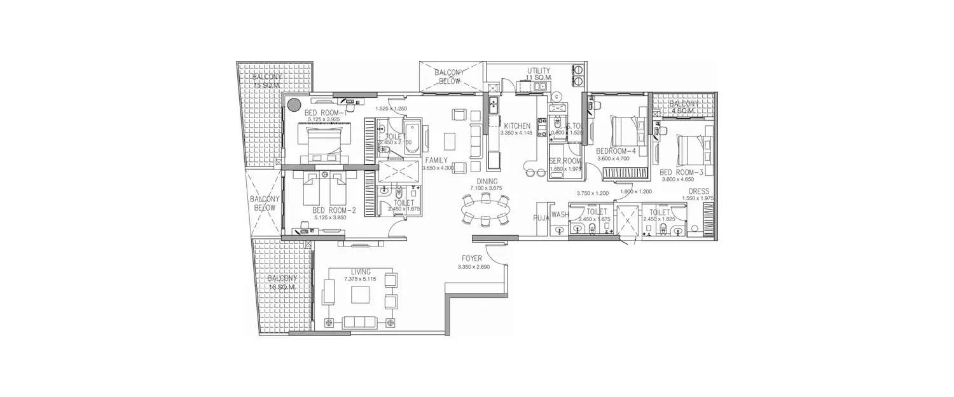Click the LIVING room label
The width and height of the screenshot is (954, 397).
point(361,271)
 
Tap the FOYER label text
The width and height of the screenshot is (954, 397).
point(472,259)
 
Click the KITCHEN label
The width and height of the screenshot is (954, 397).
point(517,126)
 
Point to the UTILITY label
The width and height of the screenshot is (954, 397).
point(538,71)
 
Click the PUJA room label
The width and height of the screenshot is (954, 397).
point(541,215)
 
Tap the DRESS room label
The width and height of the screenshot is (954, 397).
point(698,191)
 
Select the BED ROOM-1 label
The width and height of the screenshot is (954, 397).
point(324,112)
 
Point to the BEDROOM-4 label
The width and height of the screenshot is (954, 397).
point(616,151)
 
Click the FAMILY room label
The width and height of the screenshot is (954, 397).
point(437,160)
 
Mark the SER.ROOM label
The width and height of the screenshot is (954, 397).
point(562,161)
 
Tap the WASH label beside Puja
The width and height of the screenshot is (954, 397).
point(559,215)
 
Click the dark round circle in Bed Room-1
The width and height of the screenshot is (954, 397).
point(294,106)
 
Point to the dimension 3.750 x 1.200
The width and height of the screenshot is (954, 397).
point(593,193)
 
